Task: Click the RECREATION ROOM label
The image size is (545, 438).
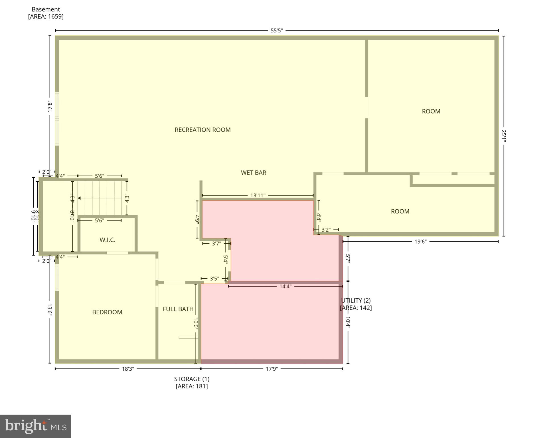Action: click(x=202, y=130)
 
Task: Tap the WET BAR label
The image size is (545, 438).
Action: click(x=253, y=173)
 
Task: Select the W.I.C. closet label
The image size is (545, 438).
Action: click(x=107, y=240)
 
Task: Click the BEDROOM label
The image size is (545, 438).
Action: click(x=107, y=312)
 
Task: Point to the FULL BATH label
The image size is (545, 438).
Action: click(x=178, y=309)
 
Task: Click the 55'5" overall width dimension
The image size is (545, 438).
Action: click(x=276, y=31)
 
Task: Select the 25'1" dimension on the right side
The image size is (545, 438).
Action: click(x=504, y=136)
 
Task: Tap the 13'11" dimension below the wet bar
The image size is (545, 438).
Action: click(x=258, y=195)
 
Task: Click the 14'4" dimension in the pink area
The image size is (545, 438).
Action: click(x=285, y=286)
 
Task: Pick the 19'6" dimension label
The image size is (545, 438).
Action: click(x=420, y=242)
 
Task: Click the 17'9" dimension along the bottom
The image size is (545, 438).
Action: click(x=272, y=369)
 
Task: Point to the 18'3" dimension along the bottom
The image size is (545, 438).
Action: click(x=128, y=369)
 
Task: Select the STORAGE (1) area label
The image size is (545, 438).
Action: click(x=192, y=382)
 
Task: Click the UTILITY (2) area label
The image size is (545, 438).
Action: click(x=356, y=304)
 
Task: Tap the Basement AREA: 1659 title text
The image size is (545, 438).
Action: click(x=46, y=13)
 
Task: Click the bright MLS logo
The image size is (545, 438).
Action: click(x=35, y=426)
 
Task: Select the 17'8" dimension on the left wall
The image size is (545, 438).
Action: click(x=50, y=106)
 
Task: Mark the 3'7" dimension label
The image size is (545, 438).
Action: click(x=216, y=244)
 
